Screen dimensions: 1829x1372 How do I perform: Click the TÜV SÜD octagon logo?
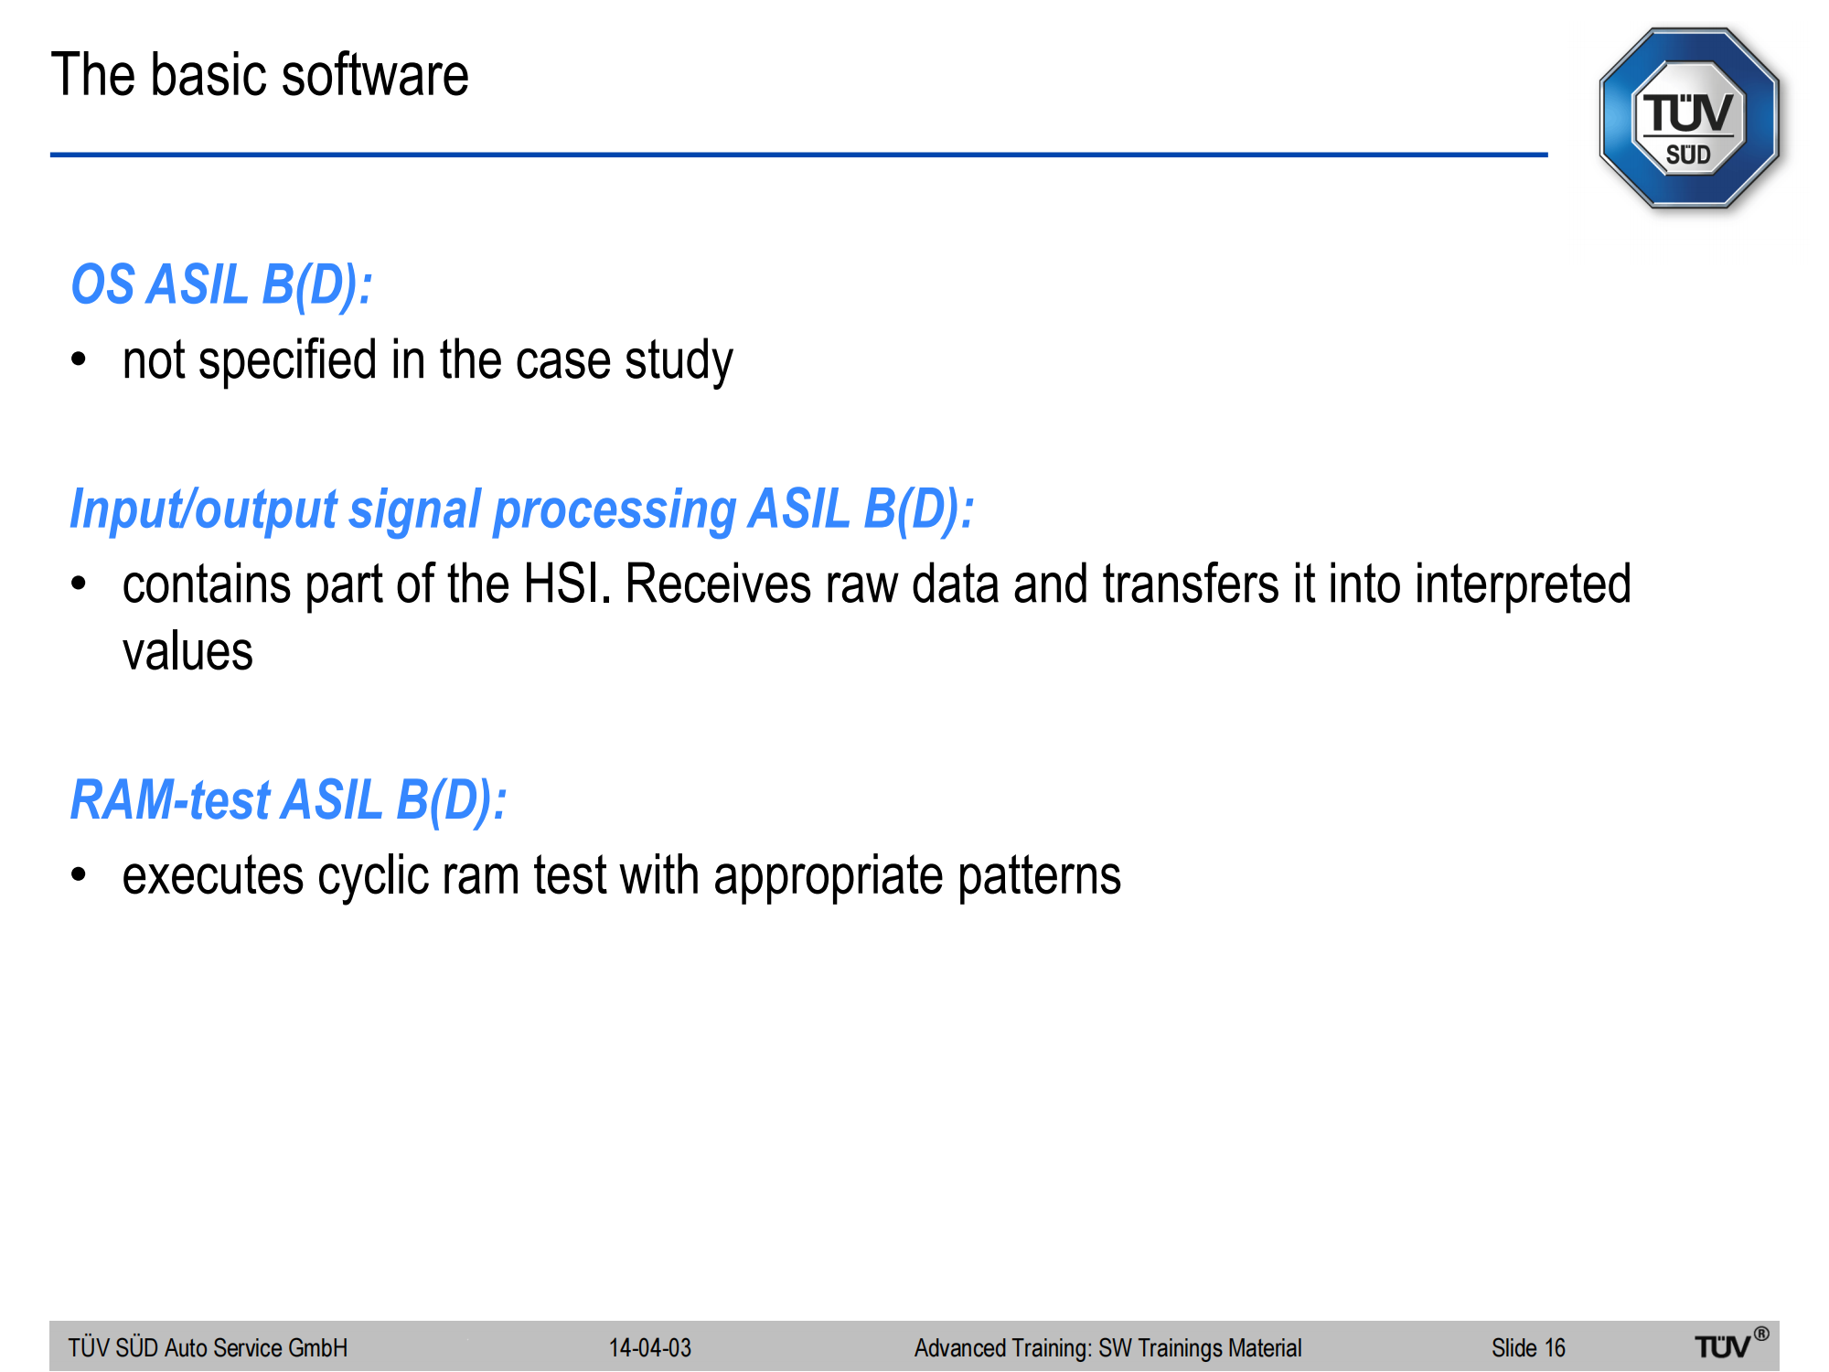[x=1689, y=118]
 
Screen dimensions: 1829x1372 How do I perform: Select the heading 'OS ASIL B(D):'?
[x=222, y=284]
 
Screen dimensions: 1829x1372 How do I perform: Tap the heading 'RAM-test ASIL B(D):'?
[x=289, y=800]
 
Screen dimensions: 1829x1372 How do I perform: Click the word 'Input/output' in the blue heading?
[x=204, y=509]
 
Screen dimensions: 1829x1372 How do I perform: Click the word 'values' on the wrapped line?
[x=187, y=652]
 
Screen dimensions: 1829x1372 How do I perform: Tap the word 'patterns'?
[x=1040, y=876]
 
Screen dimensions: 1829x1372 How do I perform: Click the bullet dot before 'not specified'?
[x=80, y=359]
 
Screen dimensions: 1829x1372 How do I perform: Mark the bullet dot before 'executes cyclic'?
[x=80, y=875]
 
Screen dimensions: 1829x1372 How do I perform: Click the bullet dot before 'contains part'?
[x=80, y=584]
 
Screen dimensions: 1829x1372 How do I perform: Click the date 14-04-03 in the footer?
[x=650, y=1347]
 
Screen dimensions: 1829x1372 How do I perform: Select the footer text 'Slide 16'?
[x=1528, y=1347]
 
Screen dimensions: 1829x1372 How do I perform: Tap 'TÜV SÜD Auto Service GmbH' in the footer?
[x=208, y=1347]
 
